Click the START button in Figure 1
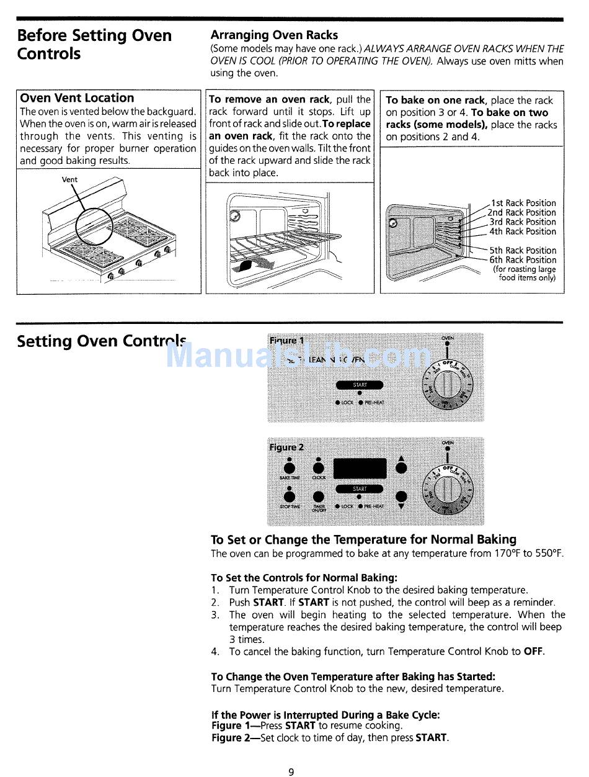pos(360,385)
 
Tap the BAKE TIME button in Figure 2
pos(290,469)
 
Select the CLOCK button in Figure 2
pos(319,469)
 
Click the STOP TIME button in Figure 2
pos(290,496)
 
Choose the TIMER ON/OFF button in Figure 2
pos(319,496)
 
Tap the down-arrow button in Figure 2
pos(401,496)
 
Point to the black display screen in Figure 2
pos(360,469)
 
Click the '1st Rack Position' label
pos(523,203)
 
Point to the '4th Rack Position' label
pos(523,231)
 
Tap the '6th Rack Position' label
pos(523,260)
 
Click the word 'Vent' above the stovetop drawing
pos(70,179)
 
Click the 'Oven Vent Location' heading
pos(77,98)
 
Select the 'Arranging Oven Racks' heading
pos(274,35)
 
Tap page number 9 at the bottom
pos(291,772)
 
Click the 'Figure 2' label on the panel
pos(286,447)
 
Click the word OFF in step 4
pos(533,652)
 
